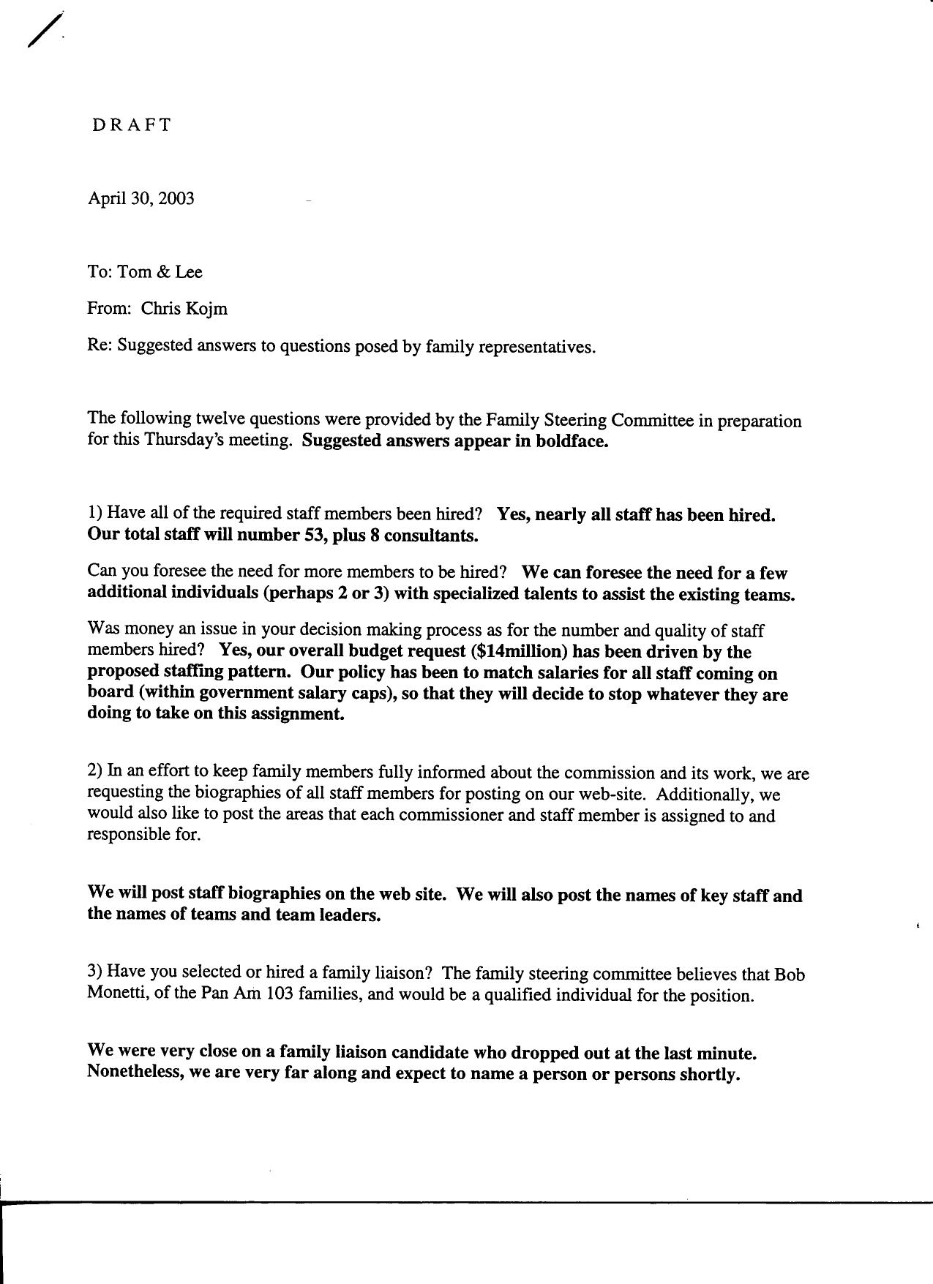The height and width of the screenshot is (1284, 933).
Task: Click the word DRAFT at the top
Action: pyautogui.click(x=132, y=125)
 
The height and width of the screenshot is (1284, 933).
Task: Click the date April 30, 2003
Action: pyautogui.click(x=141, y=199)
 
